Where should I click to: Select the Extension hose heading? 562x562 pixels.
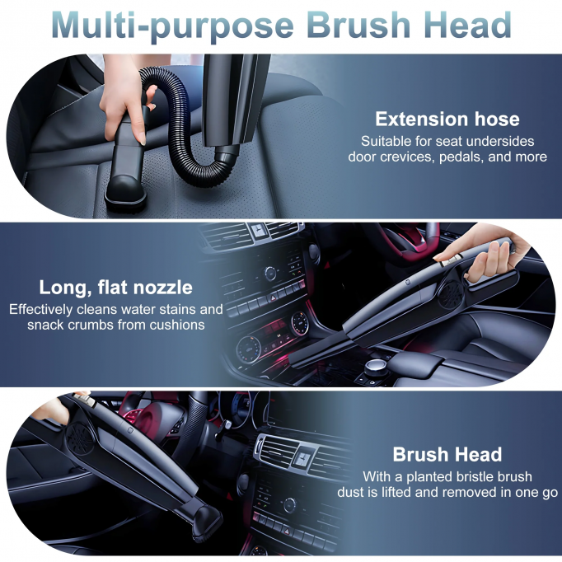tap(447, 119)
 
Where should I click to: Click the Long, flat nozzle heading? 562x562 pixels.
tap(115, 288)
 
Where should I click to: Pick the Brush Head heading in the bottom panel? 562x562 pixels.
tap(447, 454)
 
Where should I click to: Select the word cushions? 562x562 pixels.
tap(176, 325)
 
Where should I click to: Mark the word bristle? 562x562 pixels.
tap(464, 476)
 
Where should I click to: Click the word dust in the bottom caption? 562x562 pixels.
tap(351, 492)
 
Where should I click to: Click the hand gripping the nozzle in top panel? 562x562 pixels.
tap(123, 103)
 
